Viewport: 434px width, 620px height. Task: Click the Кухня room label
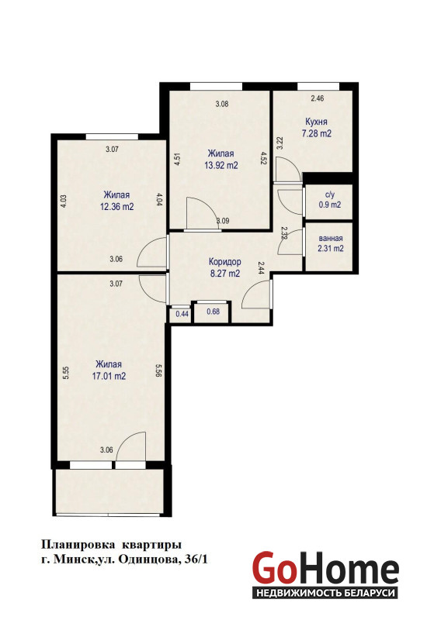pos(316,122)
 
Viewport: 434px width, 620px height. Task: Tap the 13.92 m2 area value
pos(221,165)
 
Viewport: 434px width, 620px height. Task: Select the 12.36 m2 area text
pos(116,207)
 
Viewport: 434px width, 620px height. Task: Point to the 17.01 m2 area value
pos(109,376)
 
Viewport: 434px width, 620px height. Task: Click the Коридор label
pos(225,262)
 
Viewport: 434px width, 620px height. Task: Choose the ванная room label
pos(331,239)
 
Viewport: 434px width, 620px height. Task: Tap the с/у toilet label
pos(330,195)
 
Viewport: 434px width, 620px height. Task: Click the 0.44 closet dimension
pos(182,314)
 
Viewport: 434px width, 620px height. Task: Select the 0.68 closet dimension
pos(213,312)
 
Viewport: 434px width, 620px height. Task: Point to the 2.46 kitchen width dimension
pos(318,98)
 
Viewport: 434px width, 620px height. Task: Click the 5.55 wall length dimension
pos(67,374)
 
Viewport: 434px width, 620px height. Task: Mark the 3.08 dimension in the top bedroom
pos(222,105)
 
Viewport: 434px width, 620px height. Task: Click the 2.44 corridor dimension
pos(262,268)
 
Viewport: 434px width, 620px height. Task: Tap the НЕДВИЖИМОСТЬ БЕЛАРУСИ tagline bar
pos(325,593)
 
